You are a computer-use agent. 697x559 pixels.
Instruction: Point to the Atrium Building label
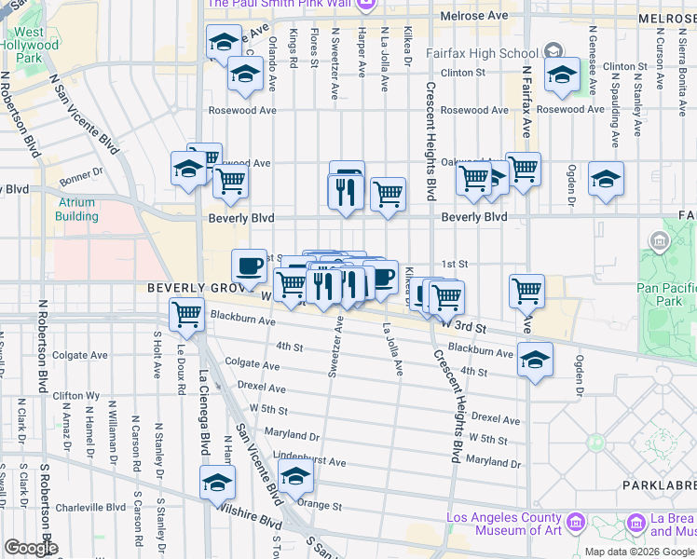click(x=76, y=210)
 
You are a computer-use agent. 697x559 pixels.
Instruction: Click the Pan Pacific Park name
click(x=667, y=294)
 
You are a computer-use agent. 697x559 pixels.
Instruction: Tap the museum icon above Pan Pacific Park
click(x=661, y=244)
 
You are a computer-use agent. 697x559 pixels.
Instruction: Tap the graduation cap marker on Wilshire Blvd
click(x=218, y=483)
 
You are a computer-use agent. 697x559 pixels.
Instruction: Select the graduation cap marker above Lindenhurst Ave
click(x=295, y=475)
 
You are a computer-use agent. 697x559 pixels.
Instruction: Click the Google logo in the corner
click(x=31, y=548)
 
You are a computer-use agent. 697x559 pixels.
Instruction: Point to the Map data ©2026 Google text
click(x=640, y=552)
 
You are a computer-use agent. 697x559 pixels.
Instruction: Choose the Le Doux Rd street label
click(x=179, y=365)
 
